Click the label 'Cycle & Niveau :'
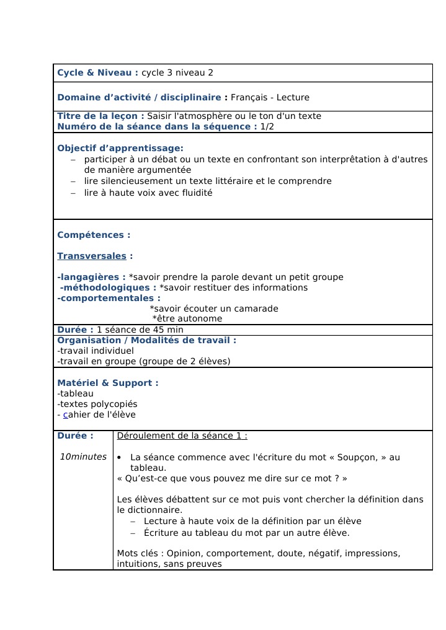[97, 72]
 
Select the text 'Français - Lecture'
[270, 97]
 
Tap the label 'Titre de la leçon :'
[100, 116]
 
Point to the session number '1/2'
[267, 126]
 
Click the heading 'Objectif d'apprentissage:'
[120, 148]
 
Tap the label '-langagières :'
[91, 277]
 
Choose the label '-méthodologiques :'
[108, 287]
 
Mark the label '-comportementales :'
[100, 298]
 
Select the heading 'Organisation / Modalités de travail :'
[146, 340]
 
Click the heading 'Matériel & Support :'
[107, 383]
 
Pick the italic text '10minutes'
[83, 457]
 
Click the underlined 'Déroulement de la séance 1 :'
[182, 435]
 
